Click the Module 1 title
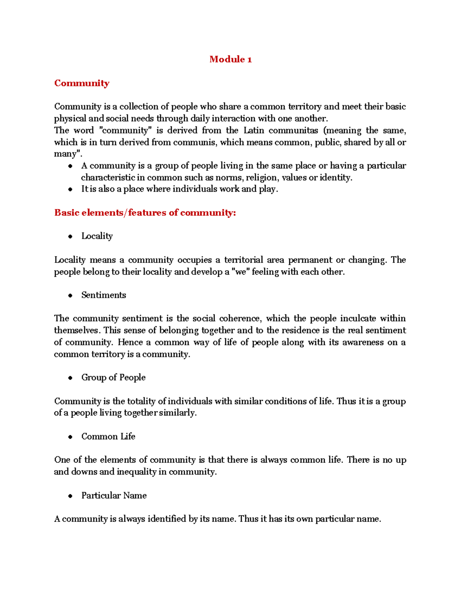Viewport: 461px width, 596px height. point(230,59)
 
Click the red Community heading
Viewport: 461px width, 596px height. point(82,83)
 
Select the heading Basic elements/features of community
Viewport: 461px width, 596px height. point(145,213)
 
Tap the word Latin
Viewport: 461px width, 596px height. point(254,130)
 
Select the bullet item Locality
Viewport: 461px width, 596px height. point(97,236)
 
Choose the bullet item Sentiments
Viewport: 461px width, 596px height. point(103,295)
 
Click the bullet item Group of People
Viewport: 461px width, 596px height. point(113,378)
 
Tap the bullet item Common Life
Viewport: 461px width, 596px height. point(108,437)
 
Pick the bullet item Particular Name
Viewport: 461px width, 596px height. point(114,496)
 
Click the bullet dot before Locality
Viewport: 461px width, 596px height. point(70,237)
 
